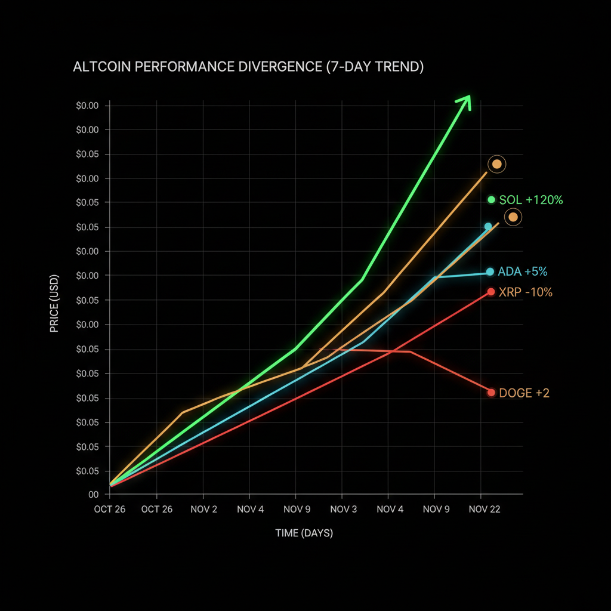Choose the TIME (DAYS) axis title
(x=304, y=533)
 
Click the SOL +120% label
(x=531, y=200)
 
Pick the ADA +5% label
(x=523, y=272)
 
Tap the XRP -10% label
(x=525, y=292)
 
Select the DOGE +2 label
(x=524, y=393)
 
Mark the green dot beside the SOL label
(x=492, y=199)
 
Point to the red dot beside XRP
(x=491, y=292)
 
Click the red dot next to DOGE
(x=492, y=393)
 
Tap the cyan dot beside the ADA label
(x=490, y=272)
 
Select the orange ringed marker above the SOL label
(x=496, y=164)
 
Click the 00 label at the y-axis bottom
(x=94, y=495)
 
